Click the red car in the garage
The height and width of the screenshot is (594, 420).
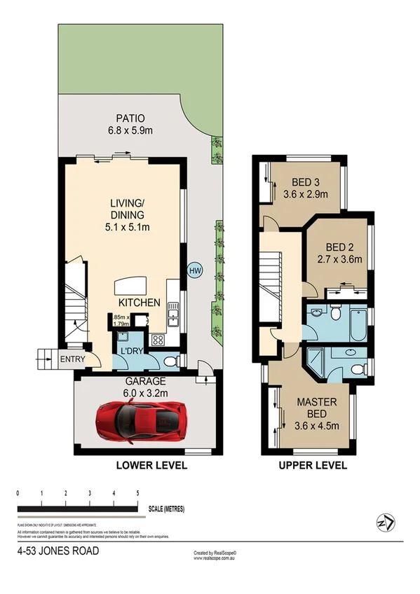point(141,422)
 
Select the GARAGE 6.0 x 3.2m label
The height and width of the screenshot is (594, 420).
point(146,387)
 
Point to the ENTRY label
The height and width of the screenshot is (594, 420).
point(74,359)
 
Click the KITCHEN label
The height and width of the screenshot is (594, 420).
point(139,303)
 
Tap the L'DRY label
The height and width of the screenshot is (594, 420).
point(132,350)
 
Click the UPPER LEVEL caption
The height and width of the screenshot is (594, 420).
point(313,465)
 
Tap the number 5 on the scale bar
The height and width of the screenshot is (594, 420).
point(138,494)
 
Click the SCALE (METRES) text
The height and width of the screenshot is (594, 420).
point(165,509)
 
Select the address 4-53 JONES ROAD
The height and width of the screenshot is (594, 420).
point(58,551)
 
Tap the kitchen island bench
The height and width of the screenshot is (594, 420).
point(131,285)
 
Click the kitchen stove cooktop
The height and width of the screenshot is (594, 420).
point(158,341)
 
